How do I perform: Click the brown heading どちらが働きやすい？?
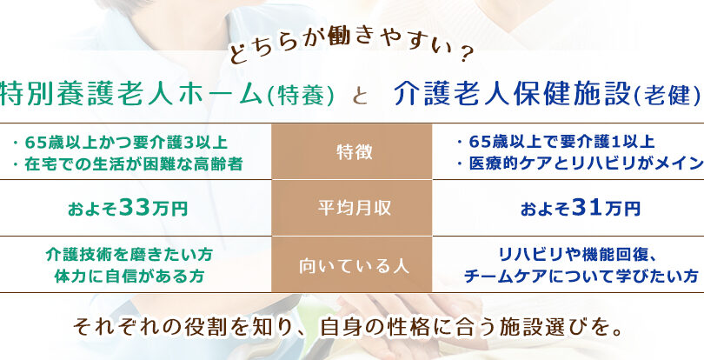coord(351,50)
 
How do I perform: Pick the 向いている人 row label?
coord(355,265)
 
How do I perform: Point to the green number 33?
coord(135,208)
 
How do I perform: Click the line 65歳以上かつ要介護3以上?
coord(120,143)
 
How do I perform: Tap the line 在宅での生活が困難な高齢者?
coord(127,164)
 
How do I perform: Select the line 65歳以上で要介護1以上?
coord(555,142)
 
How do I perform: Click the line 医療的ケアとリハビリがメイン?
coord(579,164)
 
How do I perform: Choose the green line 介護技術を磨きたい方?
coord(129,255)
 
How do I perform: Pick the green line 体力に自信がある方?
coord(129,276)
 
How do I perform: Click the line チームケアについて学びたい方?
coord(581,276)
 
